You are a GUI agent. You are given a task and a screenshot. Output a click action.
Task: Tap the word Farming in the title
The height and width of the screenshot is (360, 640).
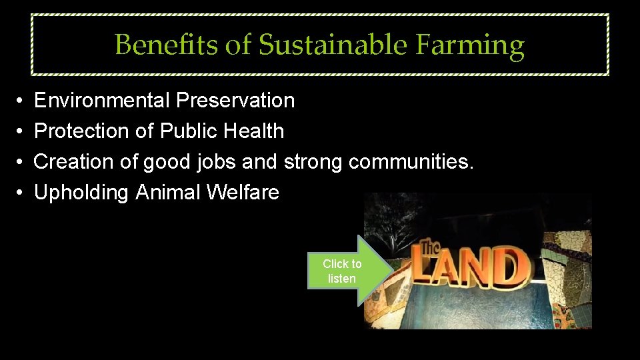coord(470,45)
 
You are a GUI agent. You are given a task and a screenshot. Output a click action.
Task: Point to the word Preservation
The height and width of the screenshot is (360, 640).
coord(235,101)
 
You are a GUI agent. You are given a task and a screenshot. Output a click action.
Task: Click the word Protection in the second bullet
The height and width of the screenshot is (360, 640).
coord(81,131)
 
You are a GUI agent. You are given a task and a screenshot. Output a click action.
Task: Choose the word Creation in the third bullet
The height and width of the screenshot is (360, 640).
coord(74,162)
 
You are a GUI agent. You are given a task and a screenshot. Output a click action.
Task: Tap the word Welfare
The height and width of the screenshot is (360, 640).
coord(243,193)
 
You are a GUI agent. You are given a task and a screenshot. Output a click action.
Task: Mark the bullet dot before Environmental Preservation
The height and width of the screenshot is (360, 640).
coord(21,101)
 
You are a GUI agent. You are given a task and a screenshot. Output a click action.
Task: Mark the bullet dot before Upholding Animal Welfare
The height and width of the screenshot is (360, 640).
coord(21,193)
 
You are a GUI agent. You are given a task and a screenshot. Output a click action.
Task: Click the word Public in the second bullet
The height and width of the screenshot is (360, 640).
coord(191,131)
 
